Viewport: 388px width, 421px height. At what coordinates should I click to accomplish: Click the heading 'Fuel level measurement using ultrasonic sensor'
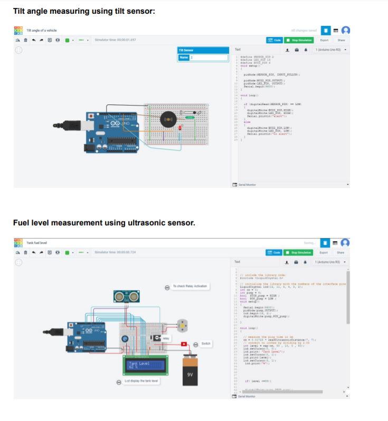[104, 223]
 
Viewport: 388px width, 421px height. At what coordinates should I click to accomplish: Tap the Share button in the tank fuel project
[341, 252]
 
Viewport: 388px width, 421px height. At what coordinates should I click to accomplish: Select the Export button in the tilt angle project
[324, 40]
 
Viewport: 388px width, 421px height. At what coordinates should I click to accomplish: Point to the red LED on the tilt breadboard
[181, 128]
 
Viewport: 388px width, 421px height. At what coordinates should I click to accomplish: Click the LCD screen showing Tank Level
[146, 366]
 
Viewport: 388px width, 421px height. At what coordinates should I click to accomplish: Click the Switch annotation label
[205, 343]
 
